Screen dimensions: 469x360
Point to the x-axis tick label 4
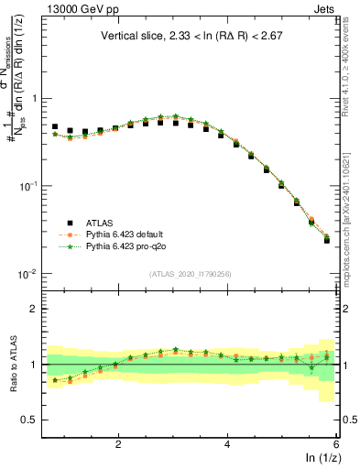coord(227,443)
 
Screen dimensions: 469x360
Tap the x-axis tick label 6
coord(336,443)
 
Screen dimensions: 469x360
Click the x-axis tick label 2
coord(118,443)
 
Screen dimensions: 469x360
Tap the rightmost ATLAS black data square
coord(327,240)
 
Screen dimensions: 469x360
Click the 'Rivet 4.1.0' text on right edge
coord(351,55)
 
